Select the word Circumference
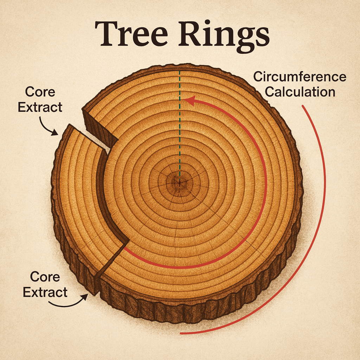coord(300,77)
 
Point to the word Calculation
coord(300,92)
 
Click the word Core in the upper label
coord(40,92)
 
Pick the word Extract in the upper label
coord(40,107)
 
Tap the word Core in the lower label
coord(45,277)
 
